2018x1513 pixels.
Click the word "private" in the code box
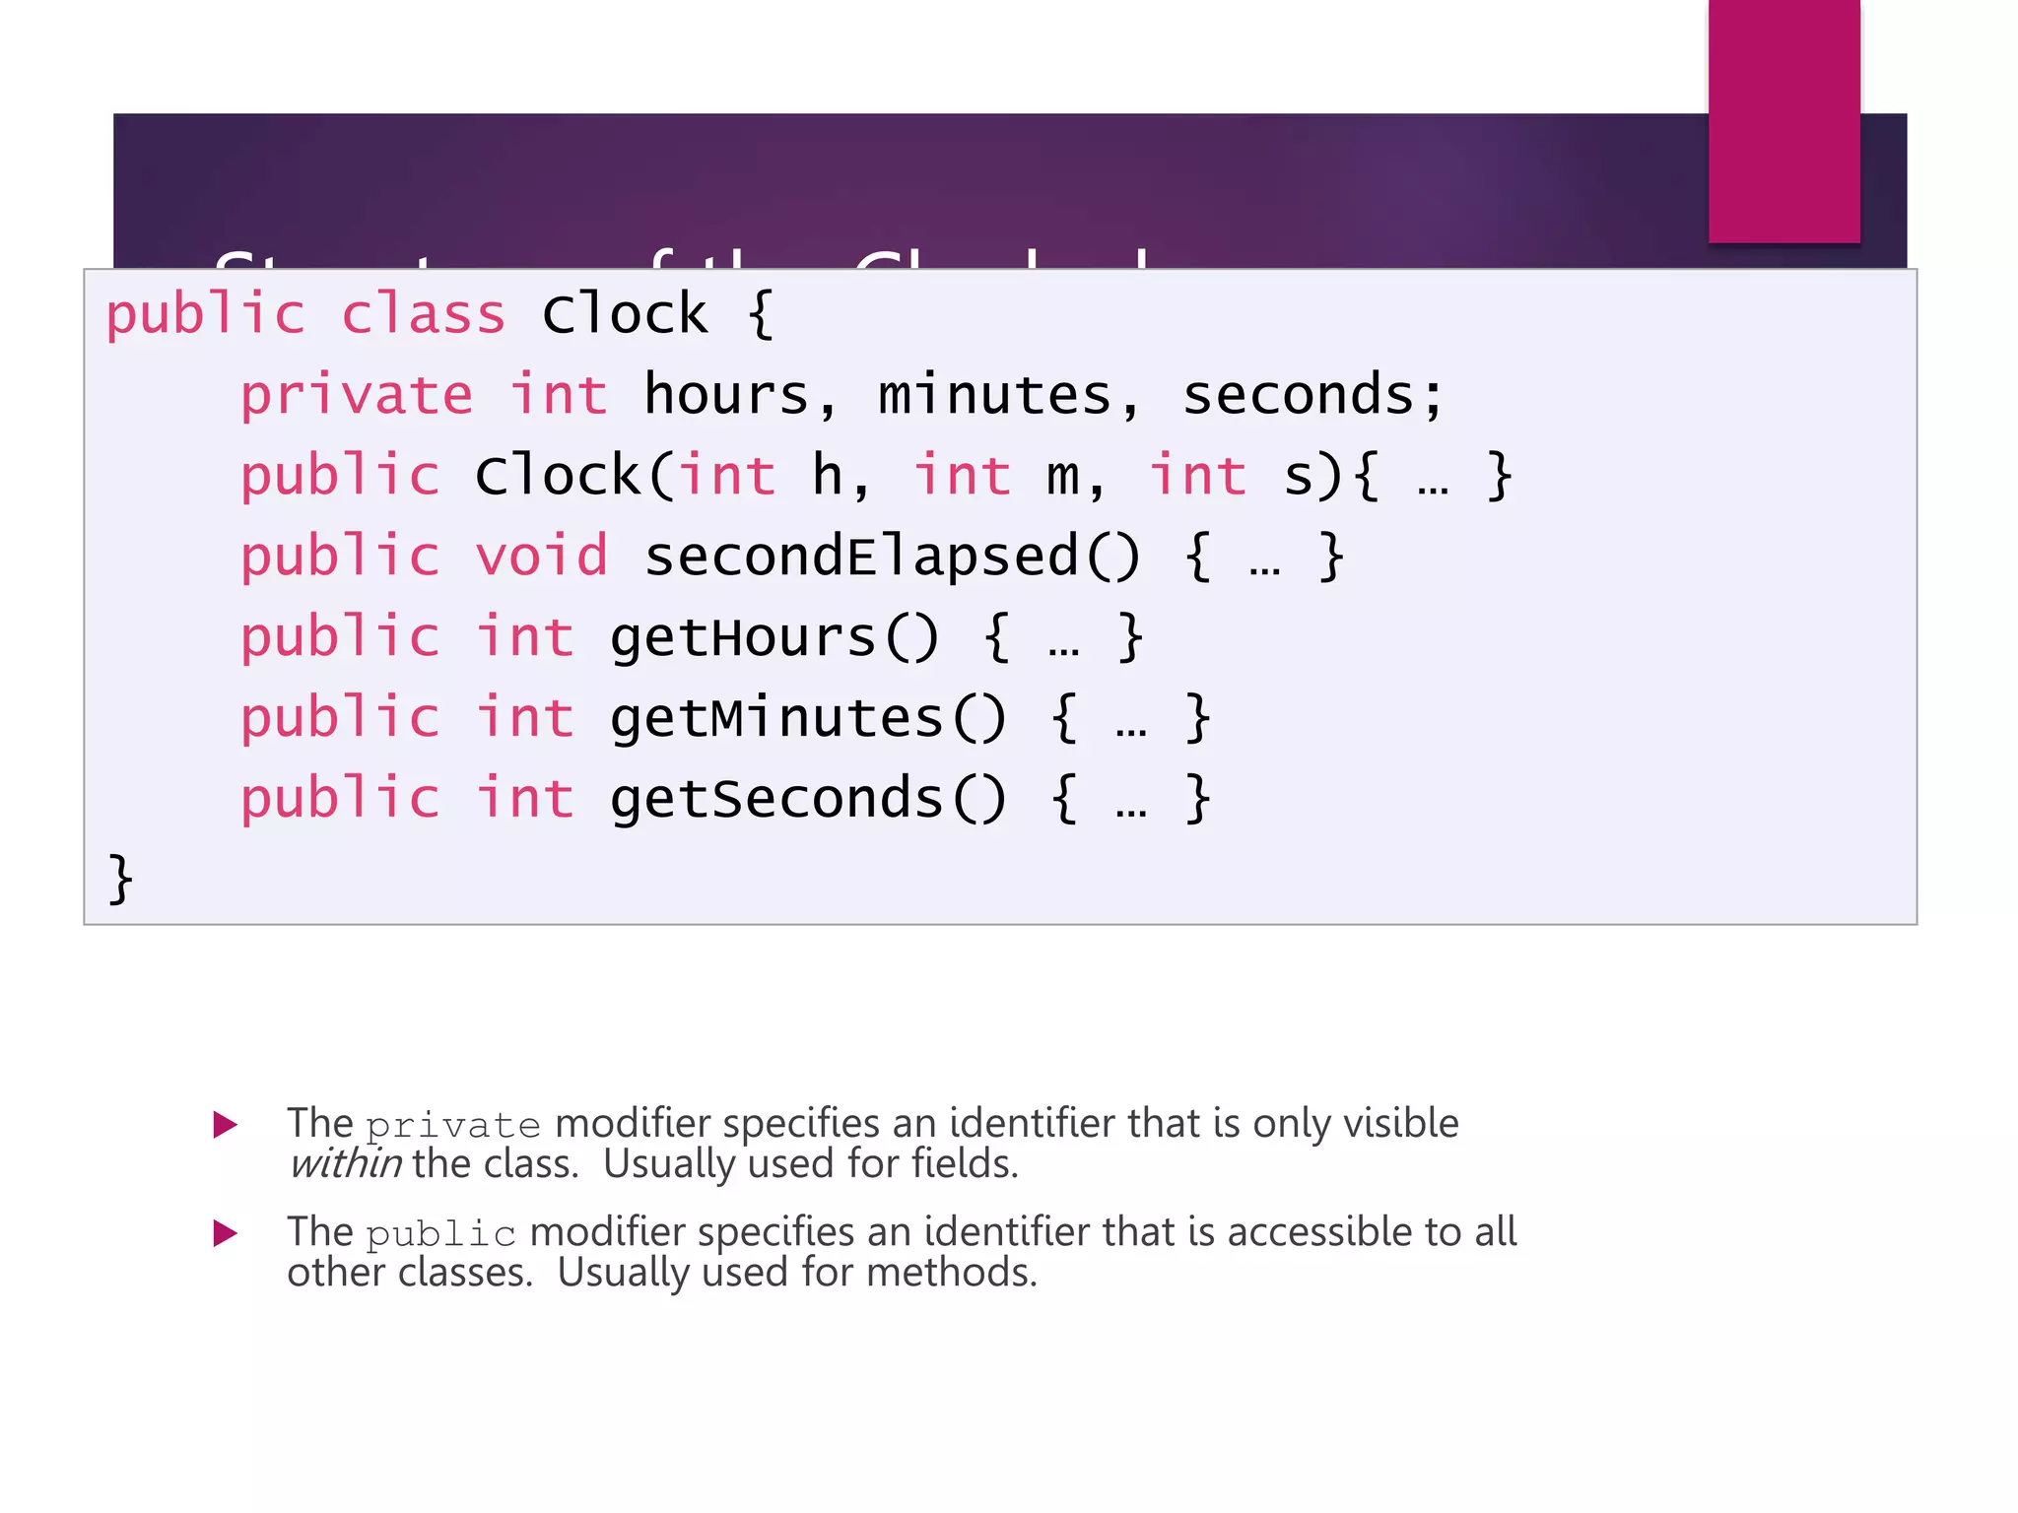357,396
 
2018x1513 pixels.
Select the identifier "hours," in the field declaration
740,396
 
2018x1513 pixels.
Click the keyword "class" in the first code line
424,315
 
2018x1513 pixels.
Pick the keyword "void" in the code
541,557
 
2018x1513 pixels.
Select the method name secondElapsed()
892,557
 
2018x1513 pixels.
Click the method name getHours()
774,637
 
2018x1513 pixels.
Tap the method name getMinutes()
808,718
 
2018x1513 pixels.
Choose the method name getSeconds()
808,799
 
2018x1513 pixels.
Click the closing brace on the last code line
120,879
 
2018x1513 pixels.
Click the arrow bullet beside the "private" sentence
226,1125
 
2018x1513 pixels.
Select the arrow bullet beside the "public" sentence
226,1233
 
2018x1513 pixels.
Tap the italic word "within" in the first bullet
346,1164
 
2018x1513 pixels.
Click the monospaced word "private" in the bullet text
453,1125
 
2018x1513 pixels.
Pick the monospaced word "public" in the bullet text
441,1233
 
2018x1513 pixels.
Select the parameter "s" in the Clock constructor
1299,477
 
